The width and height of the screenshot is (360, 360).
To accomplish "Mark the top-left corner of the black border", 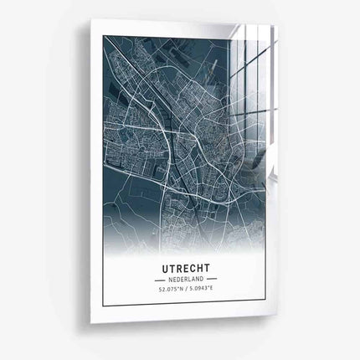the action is (103, 37).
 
